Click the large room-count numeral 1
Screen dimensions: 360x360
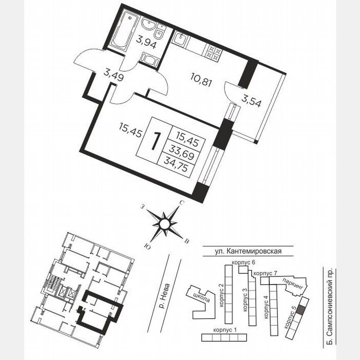point(155,141)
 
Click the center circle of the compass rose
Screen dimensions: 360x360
point(165,225)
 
